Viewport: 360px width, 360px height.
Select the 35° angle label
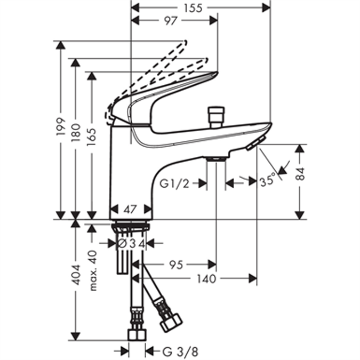tap(268, 180)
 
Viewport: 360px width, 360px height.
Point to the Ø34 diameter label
tap(131, 243)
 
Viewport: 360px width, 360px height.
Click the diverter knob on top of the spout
tap(216, 116)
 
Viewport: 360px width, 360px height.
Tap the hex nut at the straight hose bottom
tap(137, 334)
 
